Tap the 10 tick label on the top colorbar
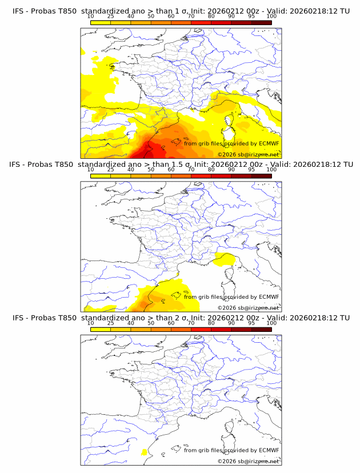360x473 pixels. pyautogui.click(x=91, y=16)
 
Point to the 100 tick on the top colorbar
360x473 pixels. pyautogui.click(x=271, y=16)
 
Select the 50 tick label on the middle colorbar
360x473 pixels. pyautogui.click(x=151, y=170)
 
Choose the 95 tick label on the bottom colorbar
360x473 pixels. pyautogui.click(x=251, y=323)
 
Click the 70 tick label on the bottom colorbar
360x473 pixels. pyautogui.click(x=191, y=323)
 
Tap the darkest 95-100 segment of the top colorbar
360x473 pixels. pyautogui.click(x=261, y=22)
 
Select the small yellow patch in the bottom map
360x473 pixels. pyautogui.click(x=144, y=452)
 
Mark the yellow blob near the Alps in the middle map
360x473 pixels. pyautogui.click(x=223, y=260)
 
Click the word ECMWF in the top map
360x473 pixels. pyautogui.click(x=269, y=143)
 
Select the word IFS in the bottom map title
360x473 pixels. pyautogui.click(x=18, y=318)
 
